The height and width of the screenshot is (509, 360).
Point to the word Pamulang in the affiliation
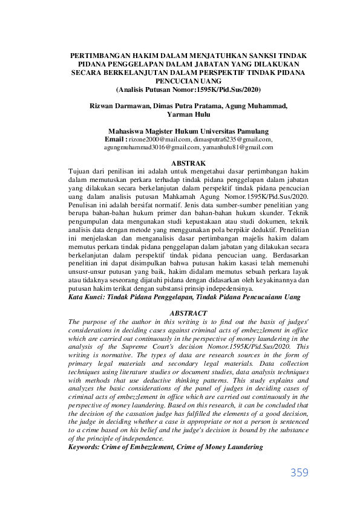point(252,131)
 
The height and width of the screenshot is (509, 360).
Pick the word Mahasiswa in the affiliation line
point(128,131)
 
